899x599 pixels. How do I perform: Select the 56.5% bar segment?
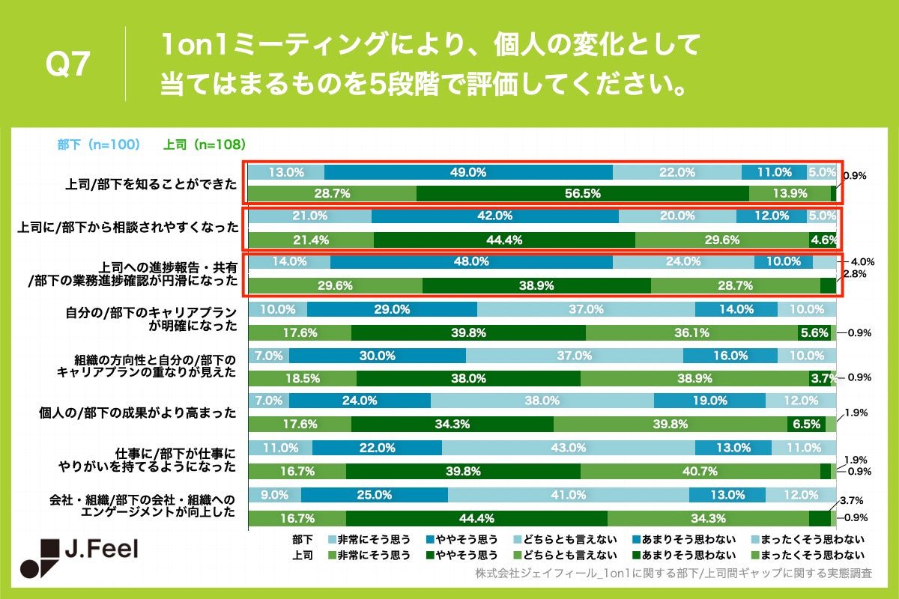click(582, 193)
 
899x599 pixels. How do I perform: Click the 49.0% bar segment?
click(468, 171)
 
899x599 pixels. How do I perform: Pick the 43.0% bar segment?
click(568, 448)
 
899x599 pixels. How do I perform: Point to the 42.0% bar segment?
click(494, 216)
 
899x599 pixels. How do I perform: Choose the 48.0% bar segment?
click(470, 262)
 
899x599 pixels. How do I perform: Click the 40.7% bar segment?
click(700, 471)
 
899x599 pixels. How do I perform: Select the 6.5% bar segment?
click(805, 424)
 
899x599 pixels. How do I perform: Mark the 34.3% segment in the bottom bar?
click(707, 517)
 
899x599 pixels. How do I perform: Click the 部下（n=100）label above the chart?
click(99, 145)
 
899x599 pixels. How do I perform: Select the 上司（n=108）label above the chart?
click(205, 145)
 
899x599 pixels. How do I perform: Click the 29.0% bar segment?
click(391, 308)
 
